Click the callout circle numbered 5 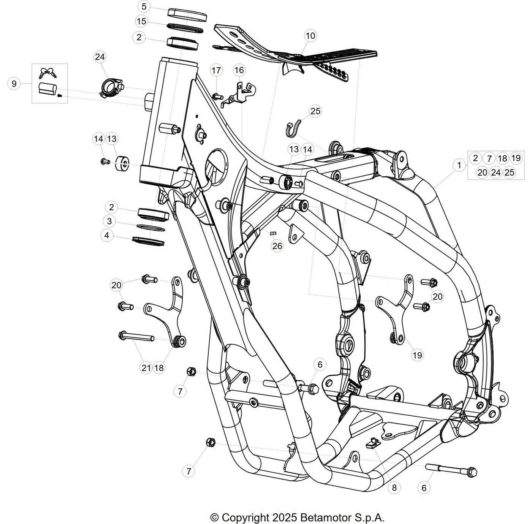pyautogui.click(x=144, y=6)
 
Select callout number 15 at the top pyautogui.click(x=142, y=21)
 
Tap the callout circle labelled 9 pyautogui.click(x=14, y=83)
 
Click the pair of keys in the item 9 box pyautogui.click(x=48, y=73)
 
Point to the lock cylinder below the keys pyautogui.click(x=47, y=88)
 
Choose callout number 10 pyautogui.click(x=310, y=36)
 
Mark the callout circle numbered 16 pyautogui.click(x=239, y=70)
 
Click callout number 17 pyautogui.click(x=216, y=70)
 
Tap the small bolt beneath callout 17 pyautogui.click(x=217, y=97)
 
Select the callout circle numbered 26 pyautogui.click(x=277, y=245)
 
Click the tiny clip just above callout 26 pyautogui.click(x=273, y=234)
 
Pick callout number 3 pyautogui.click(x=109, y=221)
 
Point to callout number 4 pyautogui.click(x=107, y=236)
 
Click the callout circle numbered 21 pyautogui.click(x=146, y=368)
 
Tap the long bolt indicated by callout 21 pyautogui.click(x=136, y=337)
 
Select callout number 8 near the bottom pyautogui.click(x=394, y=488)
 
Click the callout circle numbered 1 pyautogui.click(x=459, y=165)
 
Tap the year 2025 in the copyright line pyautogui.click(x=285, y=517)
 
